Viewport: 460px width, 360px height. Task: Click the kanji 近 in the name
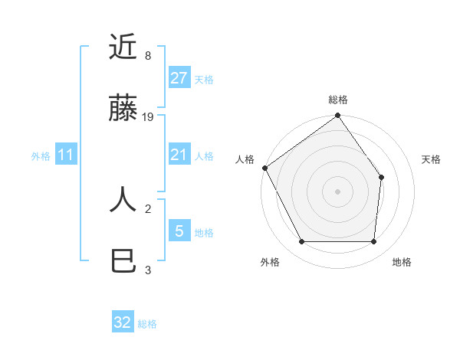click(123, 47)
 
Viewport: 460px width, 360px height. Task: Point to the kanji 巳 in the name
click(123, 261)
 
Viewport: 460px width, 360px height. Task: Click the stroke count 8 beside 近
click(147, 56)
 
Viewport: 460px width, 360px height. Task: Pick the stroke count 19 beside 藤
click(148, 117)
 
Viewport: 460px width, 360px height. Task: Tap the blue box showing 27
click(179, 78)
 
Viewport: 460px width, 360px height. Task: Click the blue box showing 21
click(179, 155)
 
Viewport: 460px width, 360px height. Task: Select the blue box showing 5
click(179, 231)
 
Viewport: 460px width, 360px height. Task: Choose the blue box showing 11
click(65, 155)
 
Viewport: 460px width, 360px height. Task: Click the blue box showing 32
click(123, 322)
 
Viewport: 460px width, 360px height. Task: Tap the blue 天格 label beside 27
click(204, 80)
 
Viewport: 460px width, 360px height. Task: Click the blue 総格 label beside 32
click(148, 324)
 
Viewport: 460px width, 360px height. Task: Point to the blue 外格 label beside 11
click(41, 156)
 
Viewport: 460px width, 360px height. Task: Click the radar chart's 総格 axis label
click(337, 100)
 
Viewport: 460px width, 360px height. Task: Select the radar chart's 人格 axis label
click(245, 159)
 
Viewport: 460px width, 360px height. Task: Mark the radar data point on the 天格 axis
click(382, 177)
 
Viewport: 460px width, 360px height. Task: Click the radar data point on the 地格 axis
click(374, 242)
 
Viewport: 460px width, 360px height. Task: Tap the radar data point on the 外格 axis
click(301, 242)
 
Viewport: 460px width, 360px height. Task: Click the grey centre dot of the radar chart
click(337, 191)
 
